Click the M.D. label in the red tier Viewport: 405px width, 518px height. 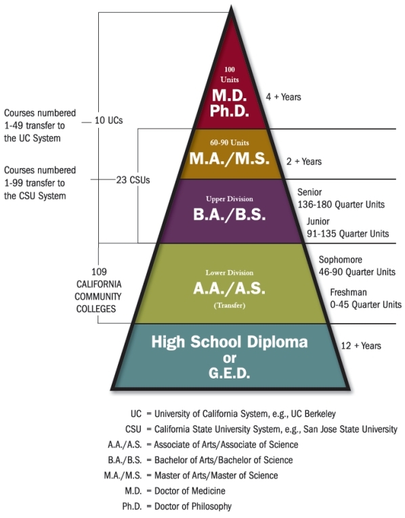pyautogui.click(x=230, y=95)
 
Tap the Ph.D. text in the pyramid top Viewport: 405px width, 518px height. pyautogui.click(x=230, y=111)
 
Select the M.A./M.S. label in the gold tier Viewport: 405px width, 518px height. pyautogui.click(x=230, y=158)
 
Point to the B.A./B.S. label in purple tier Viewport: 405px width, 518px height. pyautogui.click(x=230, y=215)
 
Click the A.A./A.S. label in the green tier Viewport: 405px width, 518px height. pyautogui.click(x=230, y=288)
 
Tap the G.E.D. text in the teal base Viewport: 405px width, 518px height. pyautogui.click(x=230, y=373)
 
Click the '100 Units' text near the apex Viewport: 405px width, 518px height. pyautogui.click(x=230, y=74)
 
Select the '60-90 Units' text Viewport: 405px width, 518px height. pyautogui.click(x=230, y=143)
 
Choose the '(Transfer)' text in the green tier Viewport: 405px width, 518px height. pyautogui.click(x=230, y=305)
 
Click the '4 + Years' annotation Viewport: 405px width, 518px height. pyautogui.click(x=284, y=97)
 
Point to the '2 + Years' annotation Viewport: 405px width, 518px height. pyautogui.click(x=304, y=161)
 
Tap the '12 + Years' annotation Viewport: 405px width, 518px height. pyautogui.click(x=361, y=345)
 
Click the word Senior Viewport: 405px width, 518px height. pyautogui.click(x=310, y=192)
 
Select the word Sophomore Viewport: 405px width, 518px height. pyautogui.click(x=340, y=259)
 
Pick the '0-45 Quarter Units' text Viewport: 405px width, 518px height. pyautogui.click(x=366, y=304)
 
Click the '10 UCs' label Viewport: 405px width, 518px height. pyautogui.click(x=108, y=121)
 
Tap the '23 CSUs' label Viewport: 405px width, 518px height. pyautogui.click(x=133, y=180)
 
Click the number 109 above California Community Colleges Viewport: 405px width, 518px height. pyautogui.click(x=99, y=272)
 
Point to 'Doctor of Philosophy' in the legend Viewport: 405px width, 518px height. pyautogui.click(x=193, y=506)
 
